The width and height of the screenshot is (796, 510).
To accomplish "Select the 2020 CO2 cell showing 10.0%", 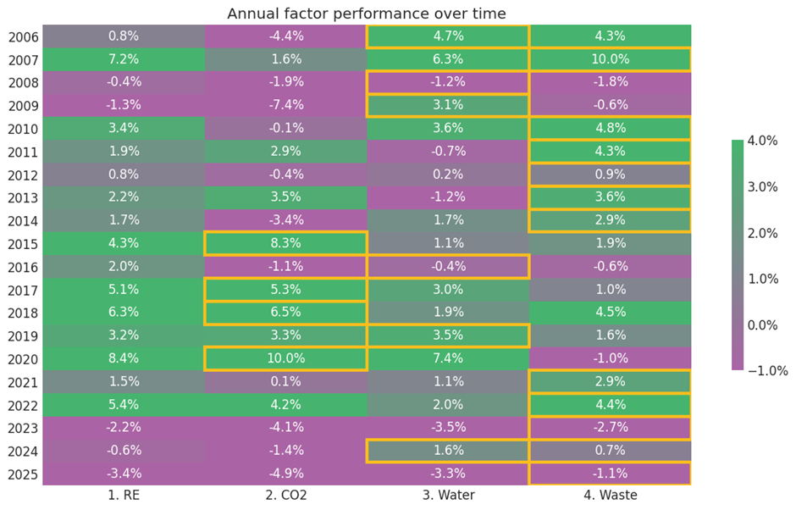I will (x=286, y=358).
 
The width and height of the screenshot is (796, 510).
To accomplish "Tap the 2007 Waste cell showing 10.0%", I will (x=610, y=59).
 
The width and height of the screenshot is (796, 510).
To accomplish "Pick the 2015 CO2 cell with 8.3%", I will (x=286, y=243).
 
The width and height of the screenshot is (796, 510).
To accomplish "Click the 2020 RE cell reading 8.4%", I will (x=124, y=358).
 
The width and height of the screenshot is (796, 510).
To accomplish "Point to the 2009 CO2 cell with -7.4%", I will (x=286, y=105).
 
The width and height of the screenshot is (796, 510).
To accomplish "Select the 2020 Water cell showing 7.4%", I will (x=448, y=358).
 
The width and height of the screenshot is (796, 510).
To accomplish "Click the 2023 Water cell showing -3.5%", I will (x=448, y=428).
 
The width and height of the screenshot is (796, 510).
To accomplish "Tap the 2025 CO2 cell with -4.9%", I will (x=286, y=474).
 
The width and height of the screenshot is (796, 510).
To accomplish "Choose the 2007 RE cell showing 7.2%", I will (x=124, y=59).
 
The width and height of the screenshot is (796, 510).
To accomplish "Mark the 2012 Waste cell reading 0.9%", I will (x=610, y=175).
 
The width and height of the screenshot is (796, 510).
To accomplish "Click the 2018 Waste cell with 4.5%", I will (x=610, y=313).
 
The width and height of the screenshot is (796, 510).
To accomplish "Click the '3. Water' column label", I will (x=448, y=495).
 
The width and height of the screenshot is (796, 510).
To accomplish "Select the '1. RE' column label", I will (x=124, y=495).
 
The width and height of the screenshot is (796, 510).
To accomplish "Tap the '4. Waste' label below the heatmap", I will (x=610, y=495).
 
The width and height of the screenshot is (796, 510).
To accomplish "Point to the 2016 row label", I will (x=21, y=267).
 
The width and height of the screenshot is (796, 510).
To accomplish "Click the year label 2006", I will (x=21, y=36).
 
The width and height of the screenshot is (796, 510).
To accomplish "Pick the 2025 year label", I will (x=21, y=474).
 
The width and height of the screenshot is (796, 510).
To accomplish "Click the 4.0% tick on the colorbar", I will (x=766, y=141).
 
